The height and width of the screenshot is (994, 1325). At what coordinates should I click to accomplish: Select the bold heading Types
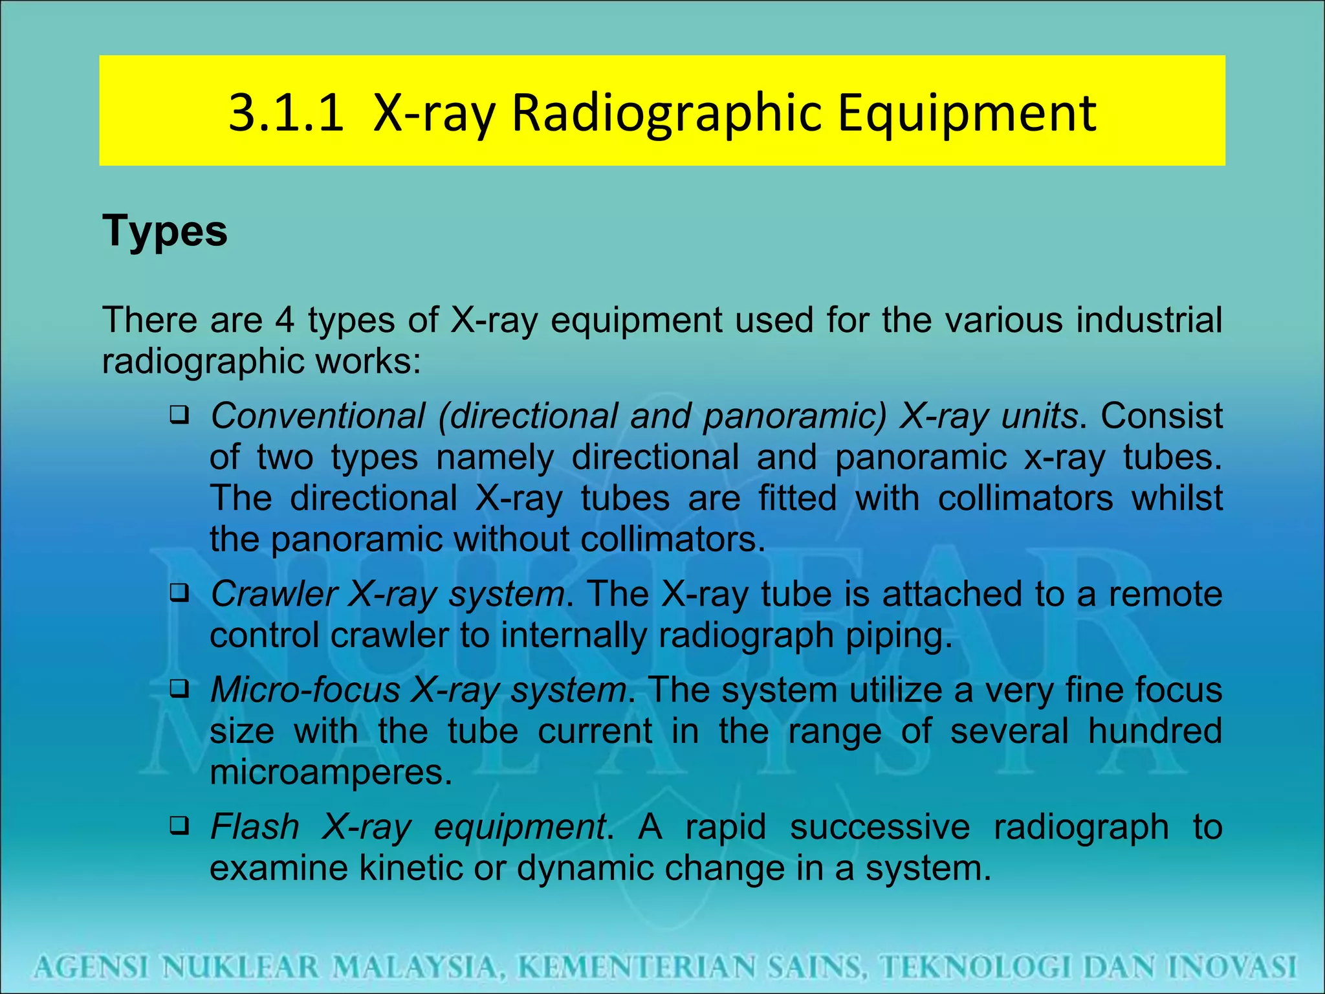(x=165, y=231)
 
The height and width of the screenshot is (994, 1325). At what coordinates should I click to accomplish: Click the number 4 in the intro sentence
(x=285, y=320)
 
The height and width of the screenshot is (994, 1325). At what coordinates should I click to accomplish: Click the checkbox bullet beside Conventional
(x=179, y=414)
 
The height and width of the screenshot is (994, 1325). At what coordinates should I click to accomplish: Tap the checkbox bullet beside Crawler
(x=179, y=592)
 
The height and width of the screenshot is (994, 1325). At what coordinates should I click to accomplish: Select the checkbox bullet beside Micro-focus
(x=179, y=688)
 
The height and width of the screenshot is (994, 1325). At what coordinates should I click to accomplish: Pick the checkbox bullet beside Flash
(x=179, y=824)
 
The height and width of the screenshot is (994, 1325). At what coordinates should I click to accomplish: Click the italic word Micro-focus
(x=305, y=690)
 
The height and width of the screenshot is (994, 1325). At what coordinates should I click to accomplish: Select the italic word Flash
(x=255, y=826)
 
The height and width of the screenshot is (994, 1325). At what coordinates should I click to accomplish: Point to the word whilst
(x=1177, y=498)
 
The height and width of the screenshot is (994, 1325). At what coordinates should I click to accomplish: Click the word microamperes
(x=330, y=772)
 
